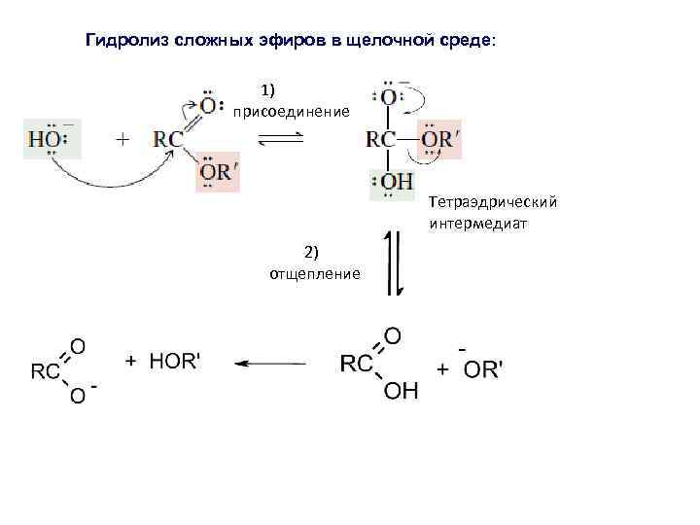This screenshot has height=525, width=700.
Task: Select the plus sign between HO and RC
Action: (122, 139)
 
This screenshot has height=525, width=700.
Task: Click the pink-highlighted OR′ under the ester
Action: (218, 171)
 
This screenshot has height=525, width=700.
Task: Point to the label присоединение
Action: (291, 112)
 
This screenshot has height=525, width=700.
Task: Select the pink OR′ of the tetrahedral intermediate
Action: (439, 139)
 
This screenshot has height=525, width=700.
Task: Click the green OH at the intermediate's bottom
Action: (392, 183)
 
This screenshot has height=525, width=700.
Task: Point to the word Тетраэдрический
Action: (492, 203)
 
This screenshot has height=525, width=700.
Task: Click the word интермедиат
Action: (476, 224)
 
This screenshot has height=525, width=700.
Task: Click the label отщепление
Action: (315, 273)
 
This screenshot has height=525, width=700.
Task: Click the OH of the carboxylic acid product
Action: (400, 390)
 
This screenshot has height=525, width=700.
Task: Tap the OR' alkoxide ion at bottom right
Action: (482, 369)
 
